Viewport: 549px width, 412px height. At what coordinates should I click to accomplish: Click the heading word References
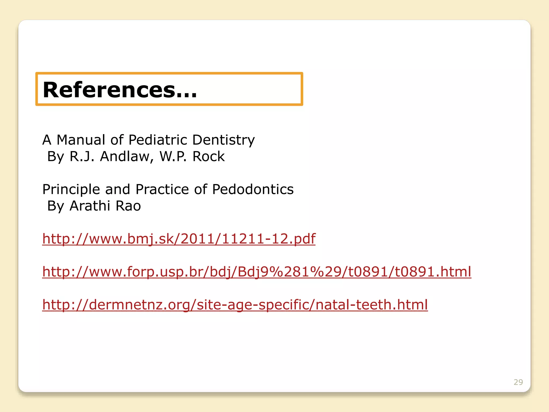pyautogui.click(x=109, y=90)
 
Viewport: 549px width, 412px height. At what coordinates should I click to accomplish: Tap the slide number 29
pyautogui.click(x=518, y=382)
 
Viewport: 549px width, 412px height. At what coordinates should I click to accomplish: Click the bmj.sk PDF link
pyautogui.click(x=179, y=238)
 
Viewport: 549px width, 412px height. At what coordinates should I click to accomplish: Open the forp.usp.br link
pyautogui.click(x=257, y=271)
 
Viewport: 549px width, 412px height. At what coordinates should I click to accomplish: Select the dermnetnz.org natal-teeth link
pyautogui.click(x=235, y=304)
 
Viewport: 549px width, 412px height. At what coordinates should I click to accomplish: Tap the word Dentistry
pyautogui.click(x=223, y=140)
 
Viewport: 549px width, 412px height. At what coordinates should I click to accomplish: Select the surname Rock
pyautogui.click(x=209, y=156)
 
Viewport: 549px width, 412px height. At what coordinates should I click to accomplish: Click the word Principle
pyautogui.click(x=71, y=190)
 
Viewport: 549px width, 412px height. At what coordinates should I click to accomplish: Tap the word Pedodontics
pyautogui.click(x=253, y=189)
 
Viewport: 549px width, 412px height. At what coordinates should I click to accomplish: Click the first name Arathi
pyautogui.click(x=90, y=206)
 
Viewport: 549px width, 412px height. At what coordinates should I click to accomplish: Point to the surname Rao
pyautogui.click(x=128, y=206)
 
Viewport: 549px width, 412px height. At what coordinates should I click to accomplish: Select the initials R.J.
pyautogui.click(x=82, y=156)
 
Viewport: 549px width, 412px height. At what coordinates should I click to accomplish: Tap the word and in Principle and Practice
pyautogui.click(x=118, y=189)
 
